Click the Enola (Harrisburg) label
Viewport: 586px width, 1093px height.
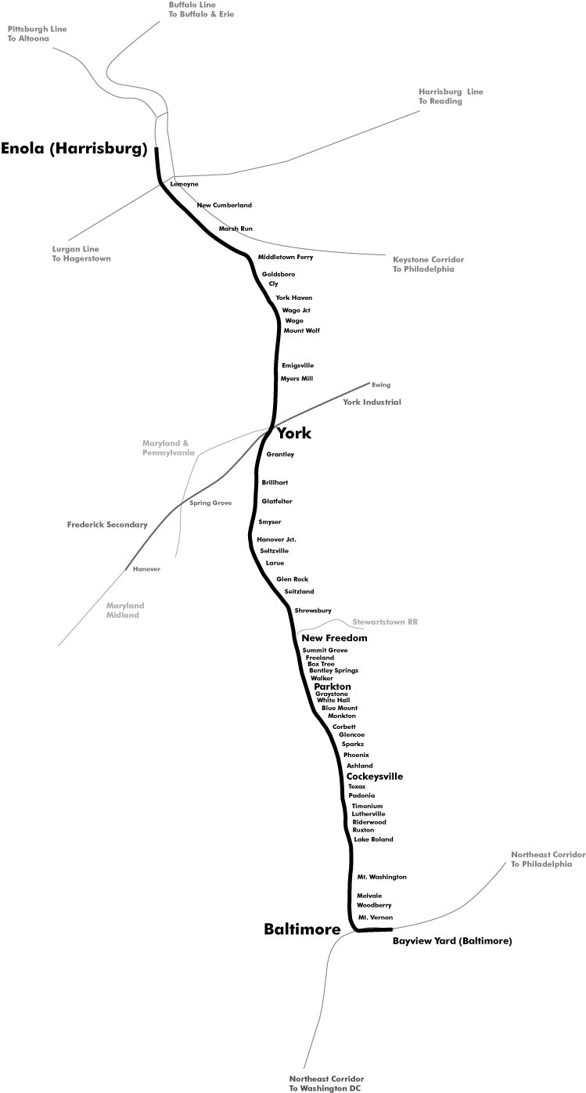[x=74, y=149]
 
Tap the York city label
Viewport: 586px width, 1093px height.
[x=294, y=433]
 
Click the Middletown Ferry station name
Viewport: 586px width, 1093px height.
[x=286, y=257]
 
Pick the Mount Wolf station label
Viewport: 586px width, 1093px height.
[x=301, y=330]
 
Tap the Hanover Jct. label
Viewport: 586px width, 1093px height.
[x=276, y=539]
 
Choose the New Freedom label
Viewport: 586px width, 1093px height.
[x=334, y=638]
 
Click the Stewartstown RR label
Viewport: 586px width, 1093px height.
[x=385, y=622]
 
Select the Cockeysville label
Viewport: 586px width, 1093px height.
[x=375, y=776]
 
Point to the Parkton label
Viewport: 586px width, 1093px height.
[x=333, y=686]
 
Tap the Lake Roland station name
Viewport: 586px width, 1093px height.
[x=373, y=839]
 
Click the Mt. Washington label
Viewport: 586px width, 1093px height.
[x=381, y=877]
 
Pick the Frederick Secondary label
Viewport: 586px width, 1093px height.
[x=107, y=525]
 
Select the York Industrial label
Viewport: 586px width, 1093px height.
[x=372, y=402]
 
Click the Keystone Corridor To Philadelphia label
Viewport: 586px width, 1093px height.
[x=428, y=264]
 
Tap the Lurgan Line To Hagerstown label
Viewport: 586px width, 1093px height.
[x=81, y=254]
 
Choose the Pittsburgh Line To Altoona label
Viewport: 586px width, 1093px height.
[x=38, y=34]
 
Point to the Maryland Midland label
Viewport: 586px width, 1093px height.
[x=125, y=610]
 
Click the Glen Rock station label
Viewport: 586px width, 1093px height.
[x=292, y=579]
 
